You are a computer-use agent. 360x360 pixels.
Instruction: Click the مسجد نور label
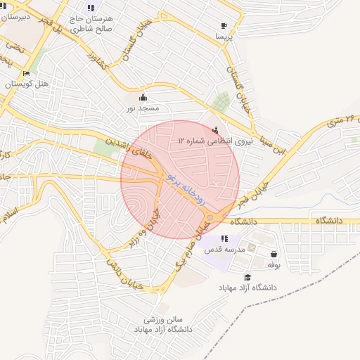tap(143, 108)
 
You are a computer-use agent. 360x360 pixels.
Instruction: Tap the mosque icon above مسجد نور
tap(143, 97)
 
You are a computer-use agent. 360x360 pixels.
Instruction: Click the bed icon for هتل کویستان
tap(27, 73)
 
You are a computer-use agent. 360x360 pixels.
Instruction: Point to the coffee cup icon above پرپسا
tap(224, 24)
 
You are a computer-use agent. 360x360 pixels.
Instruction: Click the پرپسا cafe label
tap(224, 35)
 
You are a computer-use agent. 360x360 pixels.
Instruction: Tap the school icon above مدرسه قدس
tap(224, 239)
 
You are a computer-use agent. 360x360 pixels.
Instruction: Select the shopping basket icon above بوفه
tap(273, 255)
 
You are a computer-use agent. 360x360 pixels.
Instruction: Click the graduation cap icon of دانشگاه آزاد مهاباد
tap(247, 278)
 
